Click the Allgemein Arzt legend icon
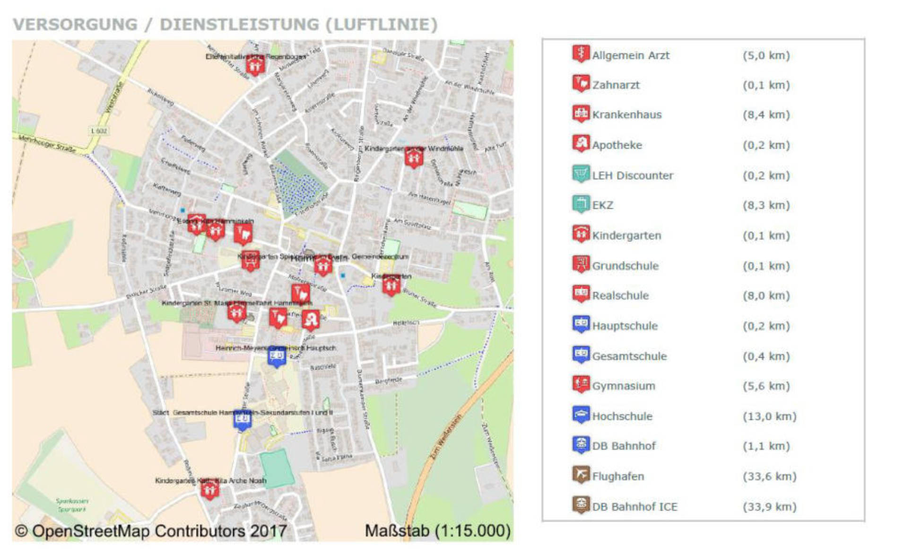click(581, 54)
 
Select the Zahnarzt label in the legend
click(616, 85)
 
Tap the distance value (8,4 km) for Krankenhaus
click(766, 115)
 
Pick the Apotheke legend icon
click(581, 144)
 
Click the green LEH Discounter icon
click(581, 174)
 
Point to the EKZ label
click(602, 205)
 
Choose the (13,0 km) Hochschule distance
click(769, 416)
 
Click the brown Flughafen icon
click(581, 475)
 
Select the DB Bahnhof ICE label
click(634, 507)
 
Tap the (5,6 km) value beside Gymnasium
click(766, 386)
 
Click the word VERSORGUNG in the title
click(75, 25)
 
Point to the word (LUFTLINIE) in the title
click(381, 25)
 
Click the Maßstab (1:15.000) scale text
click(438, 531)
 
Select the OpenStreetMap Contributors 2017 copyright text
click(151, 531)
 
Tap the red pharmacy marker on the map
click(311, 320)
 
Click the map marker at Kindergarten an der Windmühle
click(414, 157)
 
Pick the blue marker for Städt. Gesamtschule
click(242, 420)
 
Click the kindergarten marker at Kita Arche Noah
click(209, 489)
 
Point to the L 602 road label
click(98, 131)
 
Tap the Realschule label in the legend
click(620, 296)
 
